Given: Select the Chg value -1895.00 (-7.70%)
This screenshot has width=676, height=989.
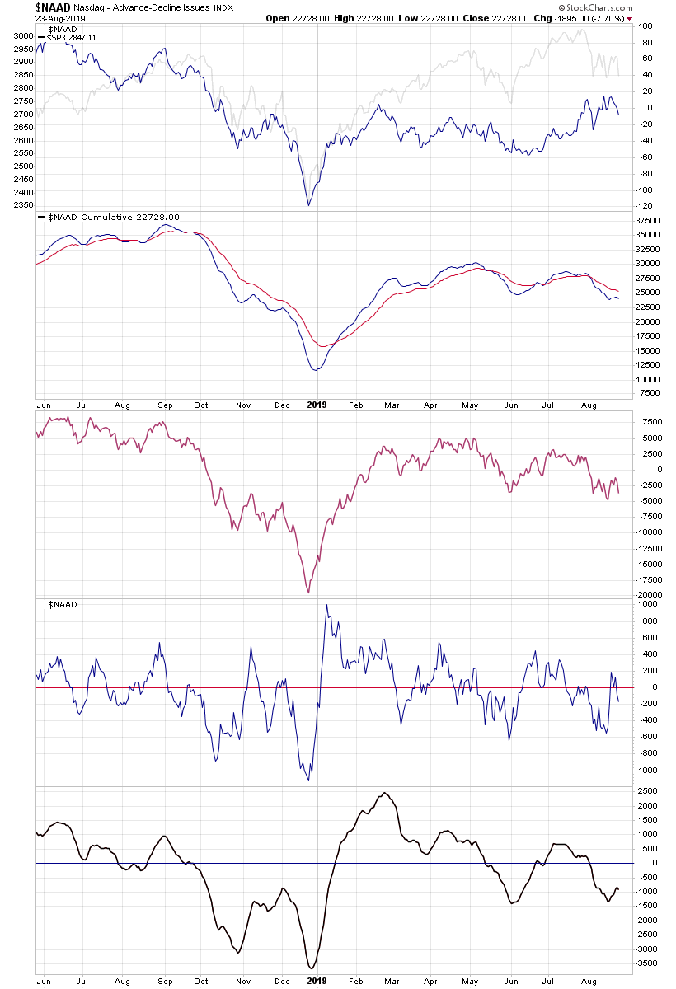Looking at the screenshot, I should [x=598, y=18].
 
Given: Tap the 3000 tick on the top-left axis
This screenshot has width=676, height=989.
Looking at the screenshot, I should [x=23, y=37].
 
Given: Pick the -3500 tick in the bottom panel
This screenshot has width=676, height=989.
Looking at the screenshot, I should [x=648, y=963].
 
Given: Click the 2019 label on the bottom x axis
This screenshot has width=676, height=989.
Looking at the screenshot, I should [x=317, y=981].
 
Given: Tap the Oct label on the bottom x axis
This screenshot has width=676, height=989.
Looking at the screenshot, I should [x=200, y=981].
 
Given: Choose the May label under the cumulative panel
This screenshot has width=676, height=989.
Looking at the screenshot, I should [x=470, y=405].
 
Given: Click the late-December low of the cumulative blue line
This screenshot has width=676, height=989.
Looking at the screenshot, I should [x=315, y=369].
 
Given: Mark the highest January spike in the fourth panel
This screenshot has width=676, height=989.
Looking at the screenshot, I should [x=327, y=606].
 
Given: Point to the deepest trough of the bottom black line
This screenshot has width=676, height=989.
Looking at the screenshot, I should [x=311, y=968].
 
